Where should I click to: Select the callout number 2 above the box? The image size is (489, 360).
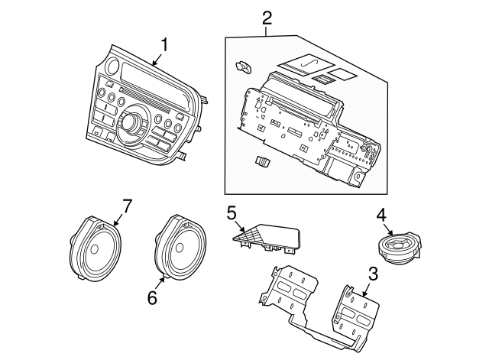(x=266, y=17)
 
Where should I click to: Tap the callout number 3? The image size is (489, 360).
(x=373, y=274)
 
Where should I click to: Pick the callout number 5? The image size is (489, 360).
(x=232, y=213)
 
